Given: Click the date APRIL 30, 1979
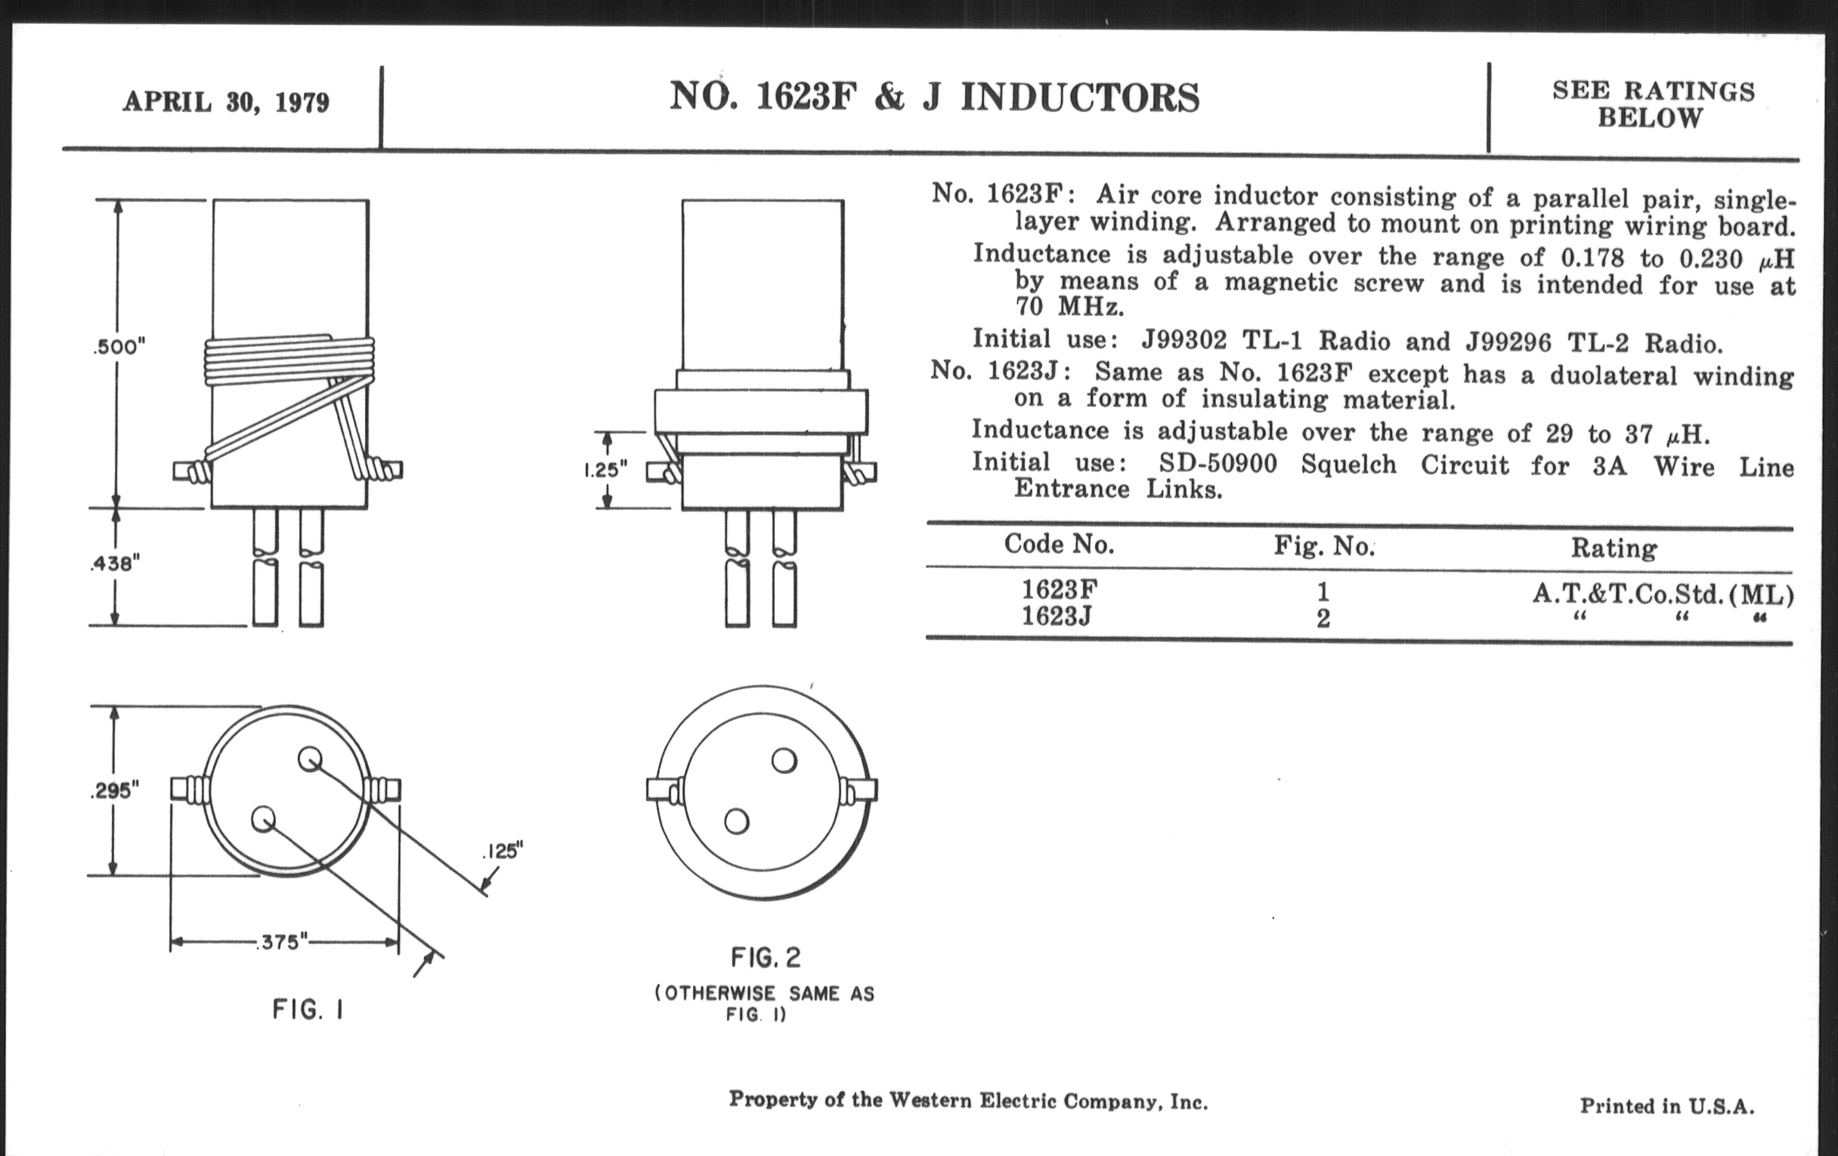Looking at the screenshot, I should [226, 101].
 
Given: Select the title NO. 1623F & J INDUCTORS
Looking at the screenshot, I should [934, 97].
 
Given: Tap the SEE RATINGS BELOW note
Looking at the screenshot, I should [1654, 104].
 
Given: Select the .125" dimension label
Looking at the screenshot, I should [503, 851].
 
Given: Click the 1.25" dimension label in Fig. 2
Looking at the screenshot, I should [605, 469].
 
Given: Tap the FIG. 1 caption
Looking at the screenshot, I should [308, 1010].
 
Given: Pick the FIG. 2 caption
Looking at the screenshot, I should [766, 957].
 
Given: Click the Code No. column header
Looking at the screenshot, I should [1059, 544].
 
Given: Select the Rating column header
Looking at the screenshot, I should [1614, 548].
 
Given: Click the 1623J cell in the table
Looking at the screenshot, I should [1057, 616].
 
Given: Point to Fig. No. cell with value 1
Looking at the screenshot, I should [1323, 592].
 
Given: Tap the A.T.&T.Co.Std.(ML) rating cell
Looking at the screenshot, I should [1663, 594].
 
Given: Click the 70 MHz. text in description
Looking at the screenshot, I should [1069, 307].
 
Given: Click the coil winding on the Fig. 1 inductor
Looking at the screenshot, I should [290, 360].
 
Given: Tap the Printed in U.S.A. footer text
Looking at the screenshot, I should [1667, 1105].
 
